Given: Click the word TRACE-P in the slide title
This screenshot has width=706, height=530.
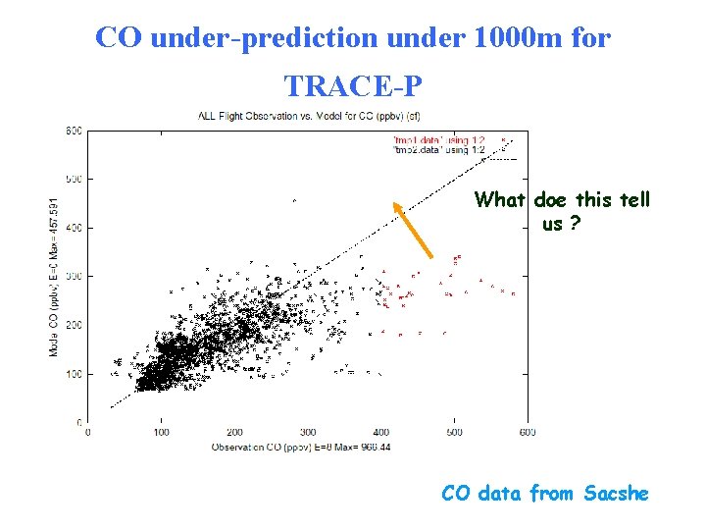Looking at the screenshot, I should point(353,86).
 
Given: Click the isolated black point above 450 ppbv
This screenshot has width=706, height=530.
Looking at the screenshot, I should point(294,201).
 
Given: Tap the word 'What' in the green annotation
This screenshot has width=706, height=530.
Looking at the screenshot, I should point(501,200).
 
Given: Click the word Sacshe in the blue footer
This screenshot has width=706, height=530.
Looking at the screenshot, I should point(616,493).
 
